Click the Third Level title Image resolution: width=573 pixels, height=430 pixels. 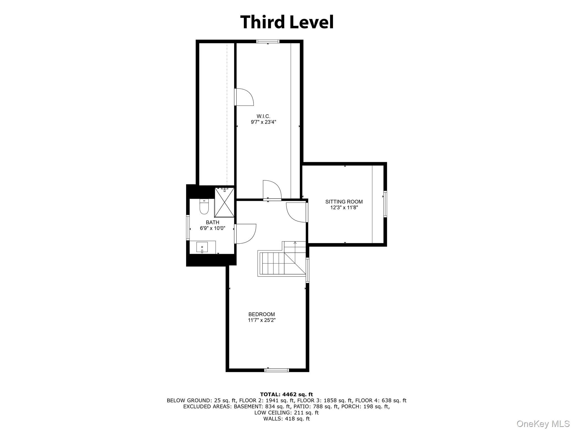click(287, 22)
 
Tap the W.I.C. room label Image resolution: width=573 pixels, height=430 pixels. click(263, 116)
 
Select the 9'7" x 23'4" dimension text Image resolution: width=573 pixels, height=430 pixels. click(263, 122)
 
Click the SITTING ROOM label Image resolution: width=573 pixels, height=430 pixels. click(344, 202)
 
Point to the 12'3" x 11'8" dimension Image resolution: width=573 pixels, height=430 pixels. click(344, 208)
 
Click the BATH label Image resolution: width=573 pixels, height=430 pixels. click(212, 222)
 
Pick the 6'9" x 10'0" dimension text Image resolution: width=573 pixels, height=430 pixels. click(212, 228)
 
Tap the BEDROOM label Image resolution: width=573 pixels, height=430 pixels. click(262, 314)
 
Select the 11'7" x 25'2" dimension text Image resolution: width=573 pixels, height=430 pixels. click(262, 320)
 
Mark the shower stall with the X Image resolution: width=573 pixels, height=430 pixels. click(224, 203)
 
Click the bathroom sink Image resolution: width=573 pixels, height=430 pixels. click(202, 247)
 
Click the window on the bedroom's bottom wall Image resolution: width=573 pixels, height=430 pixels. click(276, 370)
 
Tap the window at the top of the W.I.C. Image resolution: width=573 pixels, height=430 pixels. click(268, 41)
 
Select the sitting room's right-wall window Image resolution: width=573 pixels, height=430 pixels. click(385, 204)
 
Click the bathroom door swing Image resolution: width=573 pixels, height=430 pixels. click(245, 234)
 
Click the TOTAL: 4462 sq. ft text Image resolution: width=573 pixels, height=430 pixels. click(286, 395)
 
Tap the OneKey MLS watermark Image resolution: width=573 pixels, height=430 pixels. click(543, 424)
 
